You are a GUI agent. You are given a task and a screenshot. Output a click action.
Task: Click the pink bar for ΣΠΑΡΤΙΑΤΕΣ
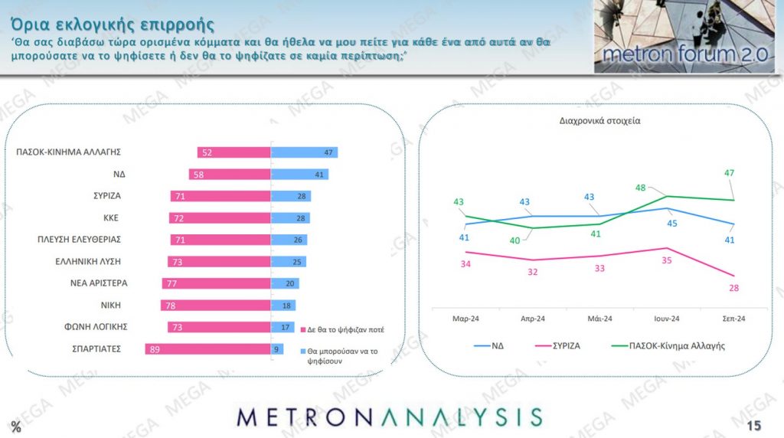tap(208, 349)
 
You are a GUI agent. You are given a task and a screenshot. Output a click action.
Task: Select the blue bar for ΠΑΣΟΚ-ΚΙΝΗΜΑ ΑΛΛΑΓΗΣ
tap(305, 152)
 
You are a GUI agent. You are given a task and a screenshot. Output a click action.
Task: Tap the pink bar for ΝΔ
tap(230, 175)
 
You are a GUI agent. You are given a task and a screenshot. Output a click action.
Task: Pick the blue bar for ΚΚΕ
tap(291, 218)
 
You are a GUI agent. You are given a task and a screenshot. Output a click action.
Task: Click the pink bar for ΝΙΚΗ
tap(216, 306)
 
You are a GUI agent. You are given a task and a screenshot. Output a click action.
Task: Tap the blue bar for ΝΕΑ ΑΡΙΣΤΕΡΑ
tap(286, 283)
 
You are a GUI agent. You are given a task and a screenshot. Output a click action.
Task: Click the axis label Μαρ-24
tap(465, 319)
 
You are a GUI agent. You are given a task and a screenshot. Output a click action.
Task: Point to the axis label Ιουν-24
tap(668, 319)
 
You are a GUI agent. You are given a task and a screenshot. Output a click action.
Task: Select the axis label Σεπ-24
tap(735, 319)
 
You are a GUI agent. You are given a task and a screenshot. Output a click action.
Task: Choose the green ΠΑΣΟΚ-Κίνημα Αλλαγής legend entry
tap(665, 345)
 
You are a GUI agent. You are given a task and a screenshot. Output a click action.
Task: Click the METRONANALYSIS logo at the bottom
tap(390, 417)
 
